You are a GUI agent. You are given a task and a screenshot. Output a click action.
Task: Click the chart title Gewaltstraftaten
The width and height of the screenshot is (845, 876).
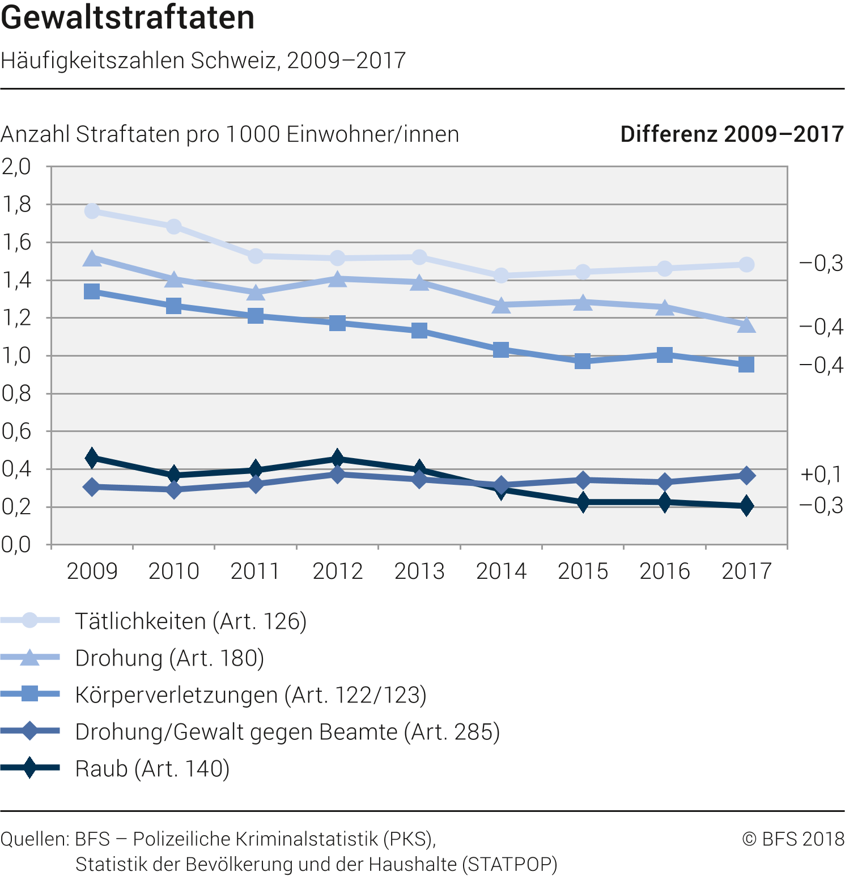coord(128,18)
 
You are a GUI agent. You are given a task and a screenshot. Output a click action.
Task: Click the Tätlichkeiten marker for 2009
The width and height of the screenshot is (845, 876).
coord(92,211)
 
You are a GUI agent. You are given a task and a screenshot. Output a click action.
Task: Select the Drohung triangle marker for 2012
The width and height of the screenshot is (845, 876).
coord(337,279)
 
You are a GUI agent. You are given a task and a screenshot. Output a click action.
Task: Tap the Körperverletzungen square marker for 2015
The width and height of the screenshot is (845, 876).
coord(583,361)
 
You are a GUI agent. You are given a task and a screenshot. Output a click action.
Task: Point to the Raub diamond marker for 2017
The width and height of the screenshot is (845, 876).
coord(746,505)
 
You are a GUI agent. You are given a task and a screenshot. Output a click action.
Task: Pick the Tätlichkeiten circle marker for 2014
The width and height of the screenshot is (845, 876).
coord(501,276)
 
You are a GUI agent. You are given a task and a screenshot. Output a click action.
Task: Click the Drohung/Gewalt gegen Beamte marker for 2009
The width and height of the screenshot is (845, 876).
coord(92,486)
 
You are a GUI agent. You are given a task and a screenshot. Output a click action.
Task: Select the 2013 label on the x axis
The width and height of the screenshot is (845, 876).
coord(419,571)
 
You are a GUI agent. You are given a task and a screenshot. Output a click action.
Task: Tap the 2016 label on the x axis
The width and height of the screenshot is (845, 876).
coord(665,571)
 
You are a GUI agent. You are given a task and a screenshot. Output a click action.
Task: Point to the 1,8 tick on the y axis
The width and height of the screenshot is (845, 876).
coord(16,205)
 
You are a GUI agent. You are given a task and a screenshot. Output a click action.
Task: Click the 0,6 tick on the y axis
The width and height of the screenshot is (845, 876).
coord(16,431)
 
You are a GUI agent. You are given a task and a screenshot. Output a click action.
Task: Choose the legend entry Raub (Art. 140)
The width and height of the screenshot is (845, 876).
coord(152,769)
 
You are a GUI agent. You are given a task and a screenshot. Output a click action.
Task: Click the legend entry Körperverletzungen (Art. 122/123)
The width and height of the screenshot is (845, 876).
coord(250,695)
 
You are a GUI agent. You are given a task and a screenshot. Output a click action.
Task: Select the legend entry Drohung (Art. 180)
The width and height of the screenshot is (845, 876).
coord(169,658)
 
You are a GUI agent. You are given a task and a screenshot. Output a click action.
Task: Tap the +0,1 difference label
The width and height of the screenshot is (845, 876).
coord(821,474)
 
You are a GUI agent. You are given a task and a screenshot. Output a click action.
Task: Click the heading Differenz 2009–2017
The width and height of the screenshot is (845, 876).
coord(732,134)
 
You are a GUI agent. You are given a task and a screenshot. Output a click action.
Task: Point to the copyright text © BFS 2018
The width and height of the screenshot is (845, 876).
coord(793,839)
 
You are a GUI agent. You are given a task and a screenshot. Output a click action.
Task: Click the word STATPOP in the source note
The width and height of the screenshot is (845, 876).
coord(509,864)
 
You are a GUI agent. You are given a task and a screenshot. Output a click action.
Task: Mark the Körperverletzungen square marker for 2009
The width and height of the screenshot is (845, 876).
coord(92,291)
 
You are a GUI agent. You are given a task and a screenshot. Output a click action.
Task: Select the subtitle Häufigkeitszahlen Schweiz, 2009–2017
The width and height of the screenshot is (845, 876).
coord(203,60)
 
